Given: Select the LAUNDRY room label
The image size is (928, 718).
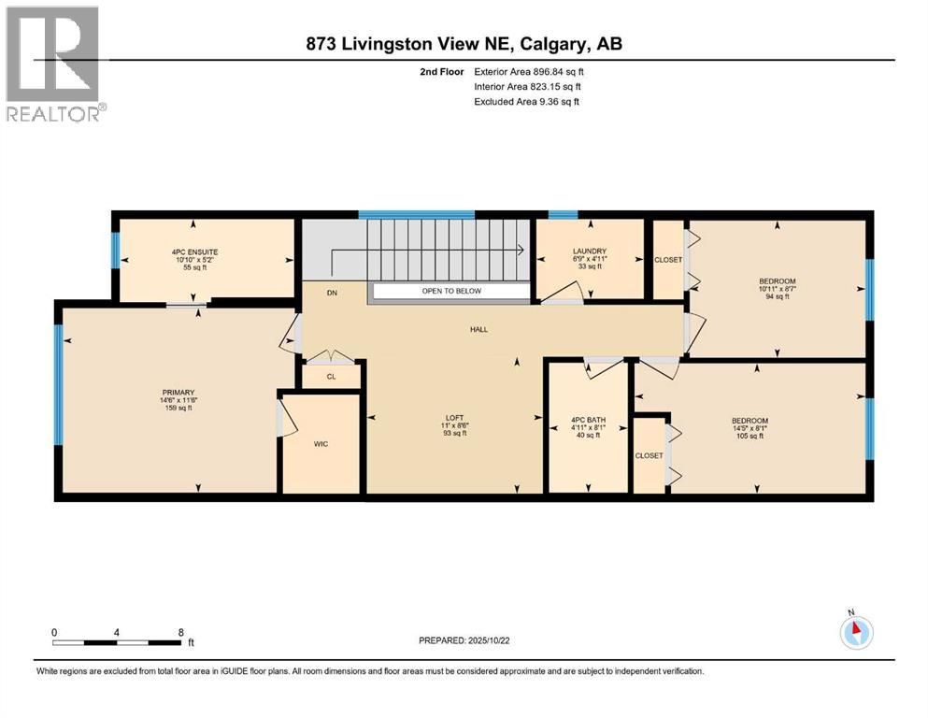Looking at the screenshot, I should [x=590, y=251].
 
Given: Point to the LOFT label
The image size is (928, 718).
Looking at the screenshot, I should [x=455, y=418].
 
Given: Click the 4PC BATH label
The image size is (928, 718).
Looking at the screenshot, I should [x=587, y=420].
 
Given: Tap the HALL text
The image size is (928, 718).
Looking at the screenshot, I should [x=478, y=329].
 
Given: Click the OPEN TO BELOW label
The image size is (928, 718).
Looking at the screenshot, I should [x=450, y=292].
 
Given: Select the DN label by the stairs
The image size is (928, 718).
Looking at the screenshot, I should [x=331, y=293].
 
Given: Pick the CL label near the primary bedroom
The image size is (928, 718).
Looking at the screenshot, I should [x=331, y=377].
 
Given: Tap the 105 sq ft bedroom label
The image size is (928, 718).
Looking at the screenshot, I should [x=750, y=421].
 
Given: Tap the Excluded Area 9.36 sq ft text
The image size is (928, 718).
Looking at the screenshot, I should [x=527, y=101].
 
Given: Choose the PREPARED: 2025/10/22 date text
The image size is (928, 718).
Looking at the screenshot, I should [x=464, y=640].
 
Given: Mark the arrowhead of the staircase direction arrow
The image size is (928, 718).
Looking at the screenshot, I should [x=518, y=250].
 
